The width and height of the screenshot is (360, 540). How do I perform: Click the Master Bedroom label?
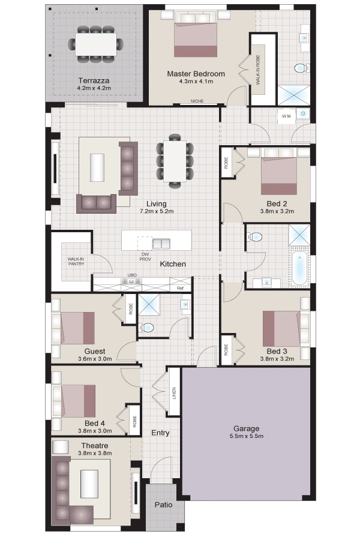point(196,73)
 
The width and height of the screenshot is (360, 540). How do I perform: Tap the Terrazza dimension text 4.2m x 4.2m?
point(94,88)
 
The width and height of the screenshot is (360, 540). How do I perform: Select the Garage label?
point(246,428)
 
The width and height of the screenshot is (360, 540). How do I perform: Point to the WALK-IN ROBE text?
point(257,70)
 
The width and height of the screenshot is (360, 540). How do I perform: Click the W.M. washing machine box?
point(287,116)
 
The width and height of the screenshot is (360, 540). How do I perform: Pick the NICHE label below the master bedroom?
point(197,101)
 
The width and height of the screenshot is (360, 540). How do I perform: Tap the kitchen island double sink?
point(161,244)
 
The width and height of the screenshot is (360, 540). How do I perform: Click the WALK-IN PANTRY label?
point(76,262)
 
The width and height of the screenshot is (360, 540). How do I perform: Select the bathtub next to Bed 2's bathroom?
point(299,268)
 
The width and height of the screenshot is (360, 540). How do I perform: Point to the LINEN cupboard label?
point(174,394)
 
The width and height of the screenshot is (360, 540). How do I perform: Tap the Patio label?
point(163,505)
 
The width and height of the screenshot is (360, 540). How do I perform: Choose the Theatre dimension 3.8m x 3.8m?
point(95,453)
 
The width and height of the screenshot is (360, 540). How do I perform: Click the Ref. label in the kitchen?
point(181,288)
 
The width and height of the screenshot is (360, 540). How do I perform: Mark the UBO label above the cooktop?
point(132,275)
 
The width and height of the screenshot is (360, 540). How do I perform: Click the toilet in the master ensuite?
point(301,68)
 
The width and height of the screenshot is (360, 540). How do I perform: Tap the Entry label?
point(161,433)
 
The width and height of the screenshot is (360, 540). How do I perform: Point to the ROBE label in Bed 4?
point(134,422)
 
